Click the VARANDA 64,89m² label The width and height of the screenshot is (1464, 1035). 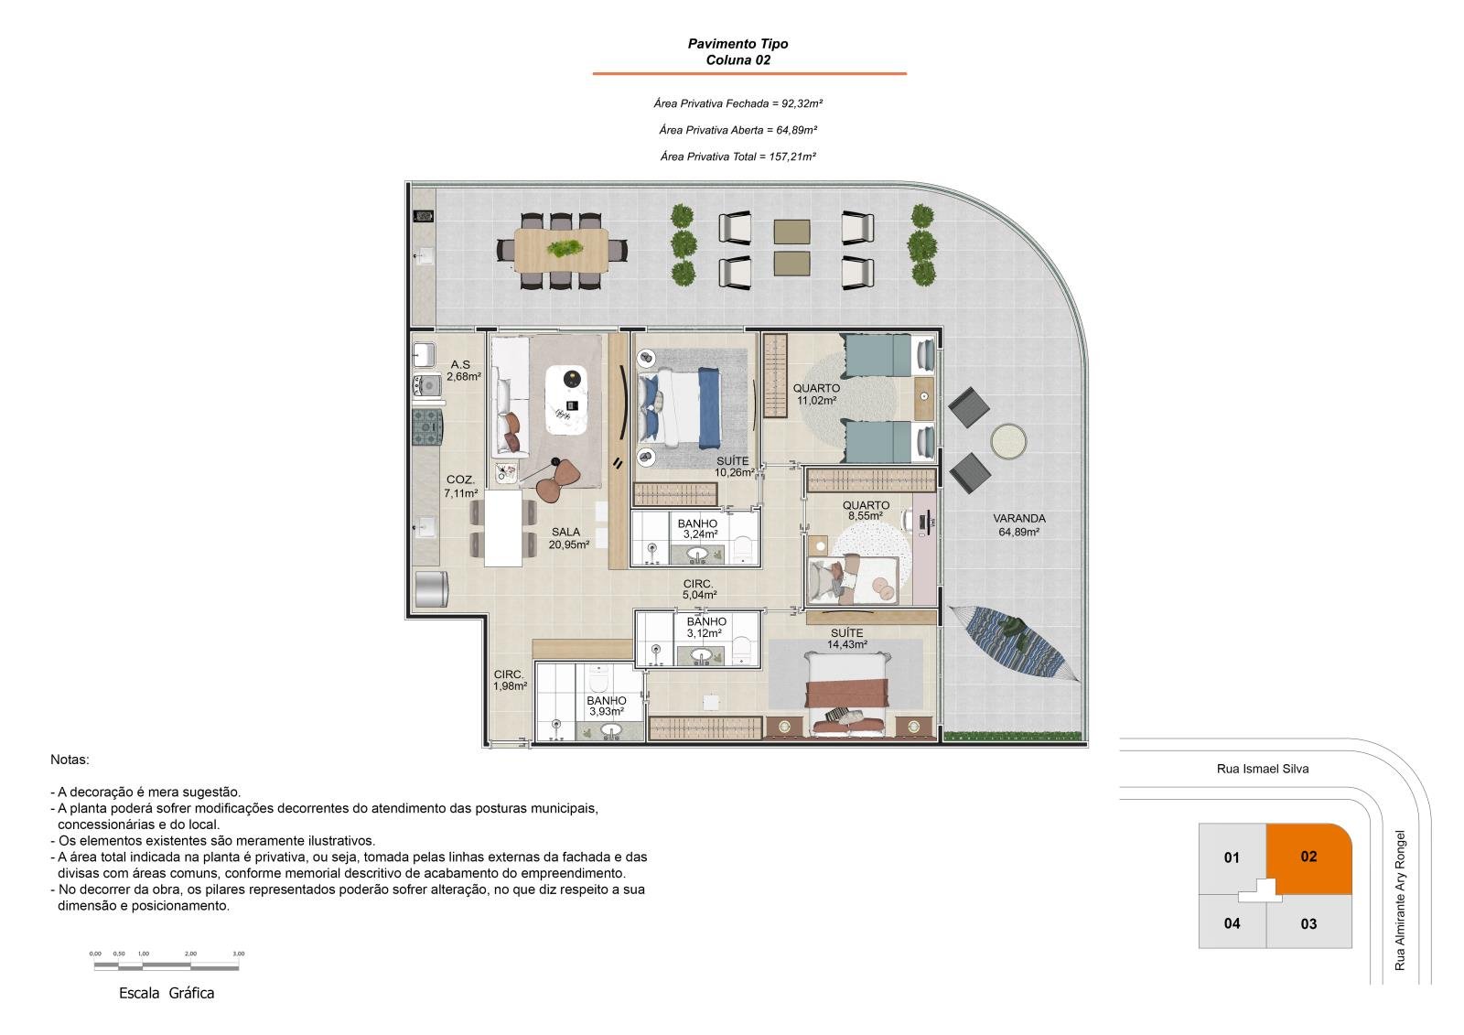(1019, 525)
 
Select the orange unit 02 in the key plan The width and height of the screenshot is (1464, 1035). (1309, 857)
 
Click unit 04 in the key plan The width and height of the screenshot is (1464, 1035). (1232, 923)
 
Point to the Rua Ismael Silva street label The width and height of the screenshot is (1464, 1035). (1263, 769)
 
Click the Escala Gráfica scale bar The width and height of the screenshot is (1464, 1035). (167, 965)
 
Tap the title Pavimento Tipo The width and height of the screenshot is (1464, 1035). (737, 44)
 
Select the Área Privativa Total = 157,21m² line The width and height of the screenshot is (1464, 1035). (737, 156)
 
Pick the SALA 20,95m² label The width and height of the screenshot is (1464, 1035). (568, 538)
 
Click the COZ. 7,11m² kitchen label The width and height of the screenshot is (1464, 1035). (461, 487)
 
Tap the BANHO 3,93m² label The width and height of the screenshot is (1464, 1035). (607, 706)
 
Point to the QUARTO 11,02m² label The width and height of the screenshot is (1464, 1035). (816, 394)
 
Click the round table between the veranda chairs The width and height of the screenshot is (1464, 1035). (1008, 442)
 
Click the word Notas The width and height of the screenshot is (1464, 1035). (70, 760)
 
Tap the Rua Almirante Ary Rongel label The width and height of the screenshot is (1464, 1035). (1400, 900)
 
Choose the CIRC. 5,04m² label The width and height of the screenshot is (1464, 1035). (699, 589)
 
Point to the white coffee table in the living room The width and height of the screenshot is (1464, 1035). (566, 400)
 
